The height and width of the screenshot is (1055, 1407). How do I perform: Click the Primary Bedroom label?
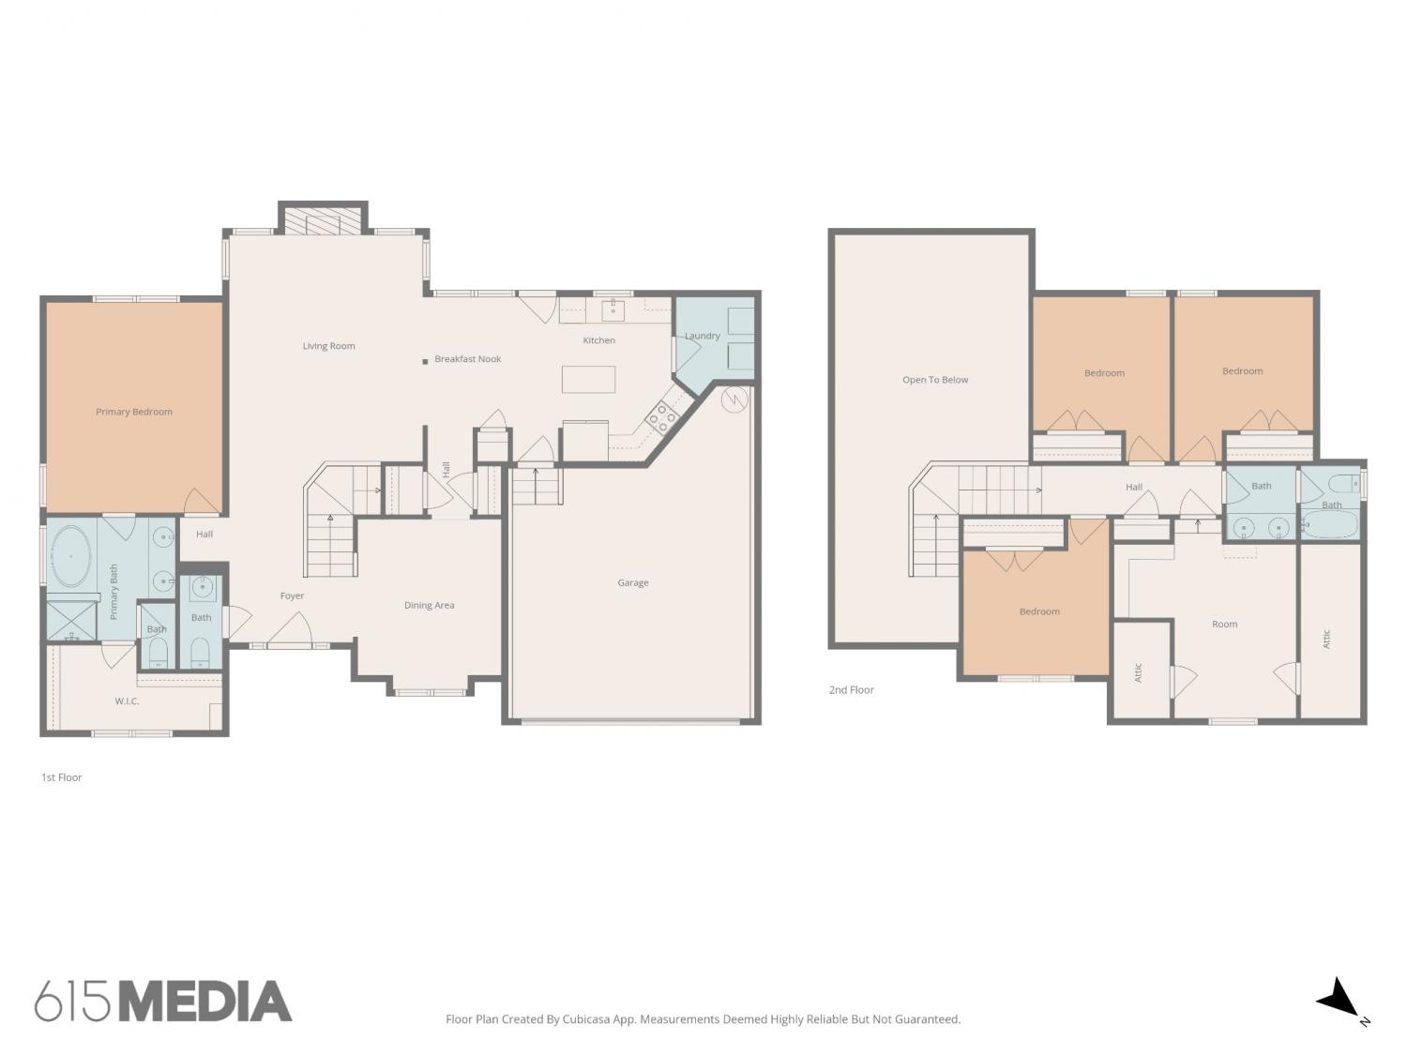coord(134,412)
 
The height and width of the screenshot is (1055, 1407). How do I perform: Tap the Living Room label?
coord(329,346)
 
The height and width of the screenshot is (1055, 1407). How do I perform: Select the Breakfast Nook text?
coord(468,359)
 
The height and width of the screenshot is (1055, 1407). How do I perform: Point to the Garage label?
coord(633,583)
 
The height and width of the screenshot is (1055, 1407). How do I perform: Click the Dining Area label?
coord(430,605)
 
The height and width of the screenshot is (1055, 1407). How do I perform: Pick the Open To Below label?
coord(935,380)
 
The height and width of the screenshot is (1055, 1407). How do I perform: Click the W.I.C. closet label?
coord(127,701)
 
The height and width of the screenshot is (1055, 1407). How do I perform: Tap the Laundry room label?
coord(703,336)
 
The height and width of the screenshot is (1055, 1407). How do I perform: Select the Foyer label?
coord(293,595)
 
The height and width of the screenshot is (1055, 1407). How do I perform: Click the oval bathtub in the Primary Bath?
coord(70,556)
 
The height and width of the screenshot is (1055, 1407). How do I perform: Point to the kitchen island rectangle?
coord(588,379)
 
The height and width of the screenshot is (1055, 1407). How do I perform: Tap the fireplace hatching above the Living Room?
coord(323,221)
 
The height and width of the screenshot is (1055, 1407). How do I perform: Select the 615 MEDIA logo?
coord(163,1002)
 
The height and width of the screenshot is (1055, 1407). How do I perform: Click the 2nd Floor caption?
coord(852,690)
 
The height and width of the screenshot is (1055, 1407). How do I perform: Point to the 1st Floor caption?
coord(62,777)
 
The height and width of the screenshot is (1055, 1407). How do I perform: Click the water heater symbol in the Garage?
coord(734,399)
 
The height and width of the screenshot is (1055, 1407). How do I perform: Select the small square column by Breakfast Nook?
coord(425,362)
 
